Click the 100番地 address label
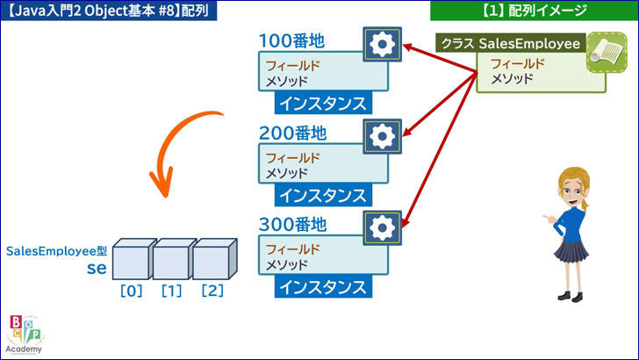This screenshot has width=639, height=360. [x=291, y=40]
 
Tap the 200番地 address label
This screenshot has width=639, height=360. [x=292, y=133]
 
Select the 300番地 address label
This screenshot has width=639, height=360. [x=292, y=224]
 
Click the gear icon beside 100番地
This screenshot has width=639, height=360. [x=383, y=45]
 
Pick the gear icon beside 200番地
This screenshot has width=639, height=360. [x=383, y=136]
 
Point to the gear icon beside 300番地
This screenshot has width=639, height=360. [x=383, y=228]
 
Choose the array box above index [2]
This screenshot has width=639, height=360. [x=214, y=259]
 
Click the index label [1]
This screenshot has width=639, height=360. [x=171, y=291]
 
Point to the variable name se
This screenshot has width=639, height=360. [x=97, y=268]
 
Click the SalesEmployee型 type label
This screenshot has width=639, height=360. [x=56, y=251]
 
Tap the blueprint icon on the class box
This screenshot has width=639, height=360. [x=607, y=53]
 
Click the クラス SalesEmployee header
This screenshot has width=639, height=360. [x=511, y=43]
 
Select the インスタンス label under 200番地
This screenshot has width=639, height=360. [x=323, y=195]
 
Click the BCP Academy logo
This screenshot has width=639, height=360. [x=25, y=335]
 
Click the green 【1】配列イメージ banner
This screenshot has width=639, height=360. [x=535, y=11]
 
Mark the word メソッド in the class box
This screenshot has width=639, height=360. [x=512, y=78]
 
